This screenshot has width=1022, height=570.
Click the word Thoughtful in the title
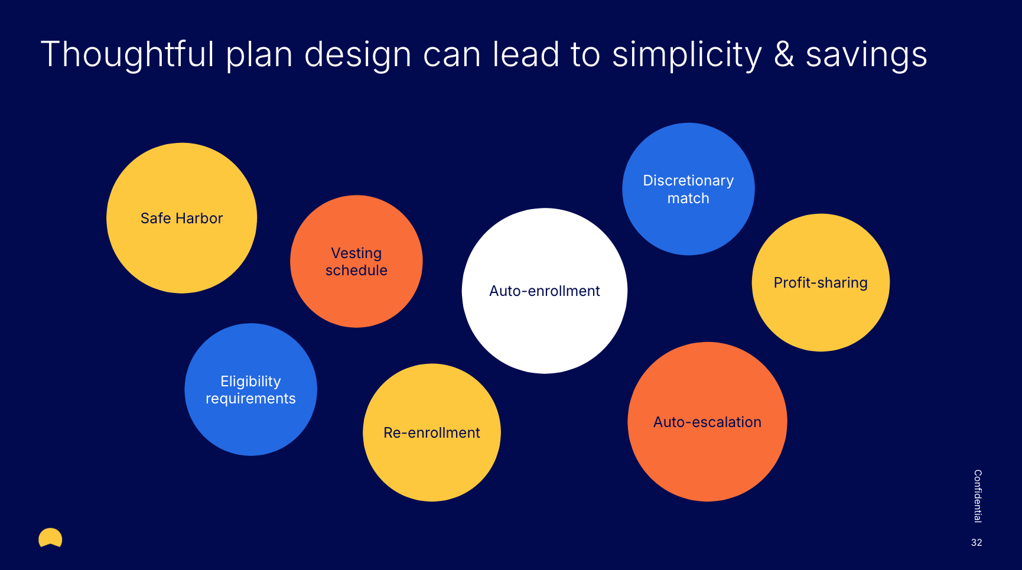(127, 54)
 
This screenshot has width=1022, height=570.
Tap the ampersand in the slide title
(784, 54)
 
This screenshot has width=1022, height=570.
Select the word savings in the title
(866, 56)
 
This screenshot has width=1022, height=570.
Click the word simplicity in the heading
(687, 56)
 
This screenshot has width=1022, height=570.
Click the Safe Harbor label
(181, 219)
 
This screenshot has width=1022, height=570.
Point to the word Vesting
(356, 253)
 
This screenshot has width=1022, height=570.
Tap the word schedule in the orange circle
(356, 271)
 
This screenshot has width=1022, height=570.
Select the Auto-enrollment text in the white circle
(544, 291)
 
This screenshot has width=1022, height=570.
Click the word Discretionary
(688, 181)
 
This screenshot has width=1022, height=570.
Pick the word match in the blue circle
(688, 198)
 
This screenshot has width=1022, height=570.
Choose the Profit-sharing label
(821, 283)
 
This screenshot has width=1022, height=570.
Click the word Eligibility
(250, 382)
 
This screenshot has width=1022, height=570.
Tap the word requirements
(250, 399)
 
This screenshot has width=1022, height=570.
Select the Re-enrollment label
(432, 433)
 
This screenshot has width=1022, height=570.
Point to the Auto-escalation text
(707, 422)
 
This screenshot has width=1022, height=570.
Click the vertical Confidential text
(977, 496)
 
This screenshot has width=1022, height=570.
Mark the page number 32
(977, 542)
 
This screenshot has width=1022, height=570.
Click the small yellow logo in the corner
(50, 538)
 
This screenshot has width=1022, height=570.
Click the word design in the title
(357, 56)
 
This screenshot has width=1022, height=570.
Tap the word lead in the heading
(526, 54)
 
